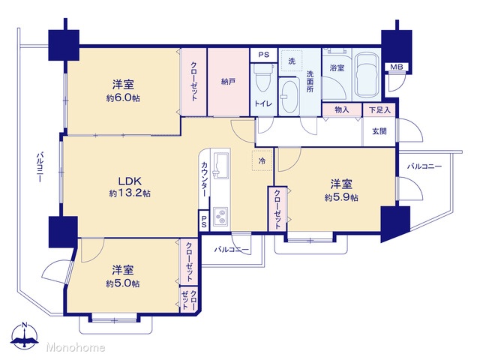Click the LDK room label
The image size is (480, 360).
(x=130, y=181)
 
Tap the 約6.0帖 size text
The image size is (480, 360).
(x=123, y=98)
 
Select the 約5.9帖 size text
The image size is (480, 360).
(x=341, y=197)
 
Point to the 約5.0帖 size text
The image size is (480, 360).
(x=123, y=283)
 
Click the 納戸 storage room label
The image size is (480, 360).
(x=228, y=82)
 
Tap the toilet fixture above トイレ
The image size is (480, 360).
(x=263, y=77)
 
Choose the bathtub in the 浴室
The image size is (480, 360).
(x=366, y=76)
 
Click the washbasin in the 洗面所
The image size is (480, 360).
(x=289, y=96)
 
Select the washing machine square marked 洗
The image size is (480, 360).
(x=292, y=61)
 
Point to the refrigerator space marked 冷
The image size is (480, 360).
(x=262, y=160)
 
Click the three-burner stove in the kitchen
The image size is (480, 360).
(x=220, y=216)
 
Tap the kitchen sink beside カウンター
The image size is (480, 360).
(x=220, y=165)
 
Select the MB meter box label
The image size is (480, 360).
(x=397, y=67)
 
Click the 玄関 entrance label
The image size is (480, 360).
(x=379, y=131)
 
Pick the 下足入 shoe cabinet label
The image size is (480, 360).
(x=379, y=110)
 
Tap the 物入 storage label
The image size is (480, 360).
(x=342, y=109)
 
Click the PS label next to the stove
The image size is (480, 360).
(x=203, y=221)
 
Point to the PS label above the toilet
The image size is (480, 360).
(x=263, y=55)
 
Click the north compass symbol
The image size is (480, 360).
(x=25, y=335)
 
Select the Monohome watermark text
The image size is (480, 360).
(x=76, y=348)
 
